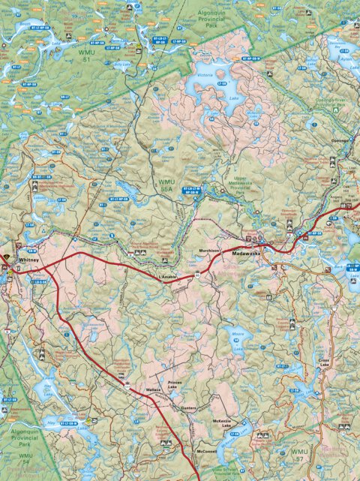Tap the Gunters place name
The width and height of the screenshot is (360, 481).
coord(188,407)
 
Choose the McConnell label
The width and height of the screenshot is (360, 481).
coord(206,451)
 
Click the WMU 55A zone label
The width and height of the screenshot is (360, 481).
coord(165,186)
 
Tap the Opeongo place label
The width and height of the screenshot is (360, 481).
coord(341,139)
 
